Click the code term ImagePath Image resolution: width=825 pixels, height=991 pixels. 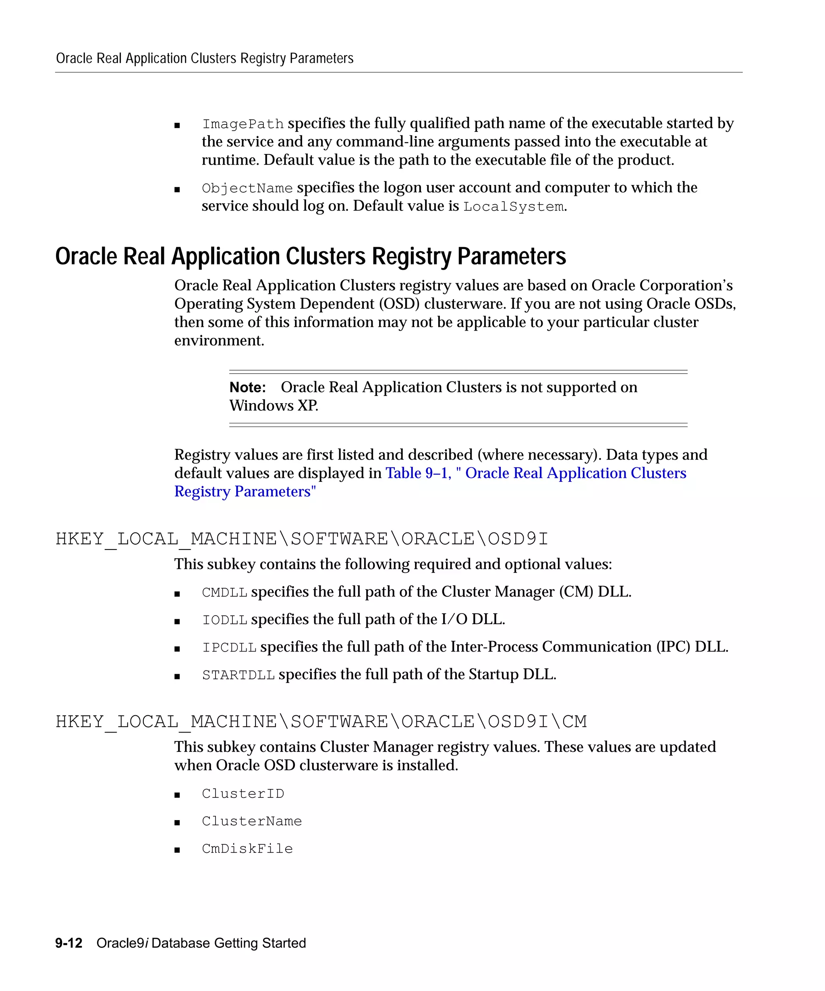coord(243,124)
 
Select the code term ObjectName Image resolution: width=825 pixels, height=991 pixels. coord(247,188)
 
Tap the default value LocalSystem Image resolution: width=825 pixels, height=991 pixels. coord(513,207)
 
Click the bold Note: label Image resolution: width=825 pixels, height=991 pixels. coord(247,387)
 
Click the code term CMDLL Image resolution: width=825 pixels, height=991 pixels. coord(224,593)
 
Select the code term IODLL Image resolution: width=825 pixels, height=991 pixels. coord(224,620)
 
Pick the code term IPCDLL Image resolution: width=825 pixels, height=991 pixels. coord(229,647)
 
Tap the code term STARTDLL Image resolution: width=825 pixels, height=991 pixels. coord(238,675)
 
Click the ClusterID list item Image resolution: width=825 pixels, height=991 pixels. coord(243,794)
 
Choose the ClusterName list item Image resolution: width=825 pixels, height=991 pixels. coord(252,822)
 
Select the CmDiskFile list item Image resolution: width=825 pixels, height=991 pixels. coord(247,849)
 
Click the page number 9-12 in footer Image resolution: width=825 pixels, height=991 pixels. coord(69,943)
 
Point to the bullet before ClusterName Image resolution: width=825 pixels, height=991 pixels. coord(177,822)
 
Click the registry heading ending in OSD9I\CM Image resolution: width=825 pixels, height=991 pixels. coord(321,722)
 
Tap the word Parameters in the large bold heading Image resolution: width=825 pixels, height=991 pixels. coord(512,257)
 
